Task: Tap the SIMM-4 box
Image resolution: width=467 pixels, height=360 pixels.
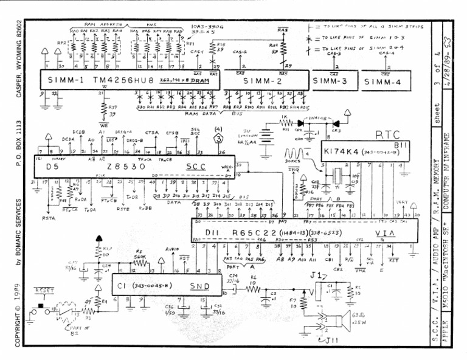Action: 385,80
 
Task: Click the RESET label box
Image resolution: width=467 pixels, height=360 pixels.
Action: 44,291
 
